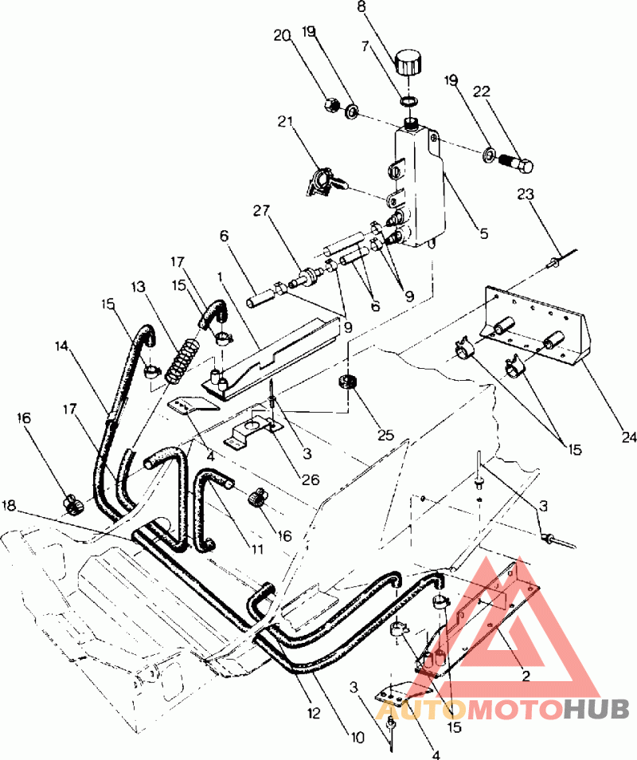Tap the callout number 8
361,7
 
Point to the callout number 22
482,91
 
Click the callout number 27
261,211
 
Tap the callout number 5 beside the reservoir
483,233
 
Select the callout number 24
628,437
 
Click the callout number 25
385,435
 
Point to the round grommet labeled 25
347,382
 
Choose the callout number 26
311,480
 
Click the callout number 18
9,505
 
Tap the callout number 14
61,346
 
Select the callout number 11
256,549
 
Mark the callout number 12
314,713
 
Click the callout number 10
357,738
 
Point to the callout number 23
526,194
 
